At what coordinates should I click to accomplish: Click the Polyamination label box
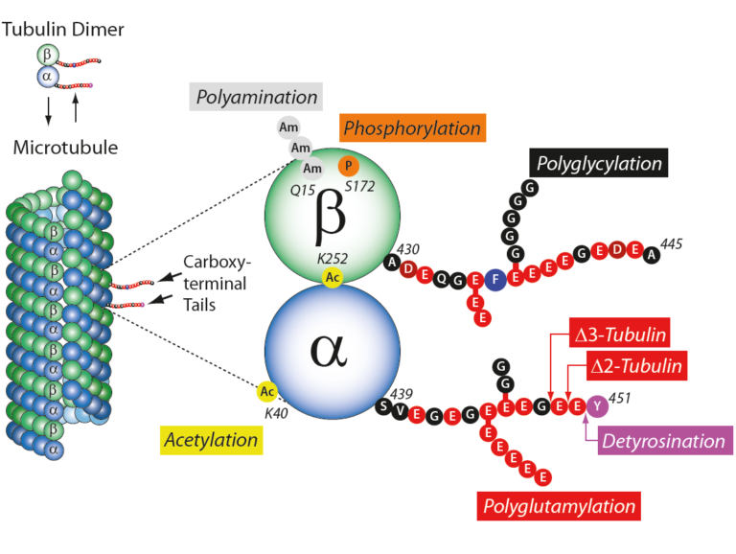tap(256, 97)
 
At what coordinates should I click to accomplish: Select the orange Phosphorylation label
tap(412, 127)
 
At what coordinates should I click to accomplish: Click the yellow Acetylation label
tap(210, 440)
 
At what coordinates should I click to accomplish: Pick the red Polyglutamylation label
tap(559, 506)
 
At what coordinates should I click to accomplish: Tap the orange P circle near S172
tap(350, 165)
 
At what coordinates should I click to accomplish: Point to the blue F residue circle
tap(495, 281)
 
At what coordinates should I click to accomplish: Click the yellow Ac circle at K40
tap(267, 391)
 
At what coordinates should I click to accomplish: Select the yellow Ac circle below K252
tap(333, 276)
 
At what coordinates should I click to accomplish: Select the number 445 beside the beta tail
tap(671, 243)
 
